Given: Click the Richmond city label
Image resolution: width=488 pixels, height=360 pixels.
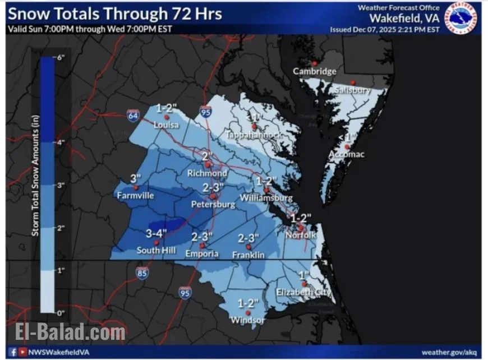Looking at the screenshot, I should click(x=208, y=173).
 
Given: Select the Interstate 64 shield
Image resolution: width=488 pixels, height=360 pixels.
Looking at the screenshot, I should click(x=133, y=115).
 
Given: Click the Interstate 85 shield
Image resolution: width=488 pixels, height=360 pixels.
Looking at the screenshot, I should click(x=142, y=273).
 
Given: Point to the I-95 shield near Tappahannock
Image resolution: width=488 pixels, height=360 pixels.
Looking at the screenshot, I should click(x=206, y=114).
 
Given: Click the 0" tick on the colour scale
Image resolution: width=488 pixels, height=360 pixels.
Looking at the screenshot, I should click(x=61, y=312).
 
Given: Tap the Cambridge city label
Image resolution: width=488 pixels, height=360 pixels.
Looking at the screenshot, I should click(x=315, y=71).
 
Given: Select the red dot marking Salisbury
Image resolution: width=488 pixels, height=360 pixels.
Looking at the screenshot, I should click(x=353, y=82).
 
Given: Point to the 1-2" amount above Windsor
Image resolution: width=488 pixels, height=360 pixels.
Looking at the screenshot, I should click(x=247, y=303).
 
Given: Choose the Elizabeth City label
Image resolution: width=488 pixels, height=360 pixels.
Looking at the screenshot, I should click(x=303, y=293).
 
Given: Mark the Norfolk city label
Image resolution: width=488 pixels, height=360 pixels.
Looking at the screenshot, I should click(x=302, y=236).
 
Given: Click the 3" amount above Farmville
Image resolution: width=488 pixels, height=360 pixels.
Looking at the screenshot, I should click(x=135, y=179).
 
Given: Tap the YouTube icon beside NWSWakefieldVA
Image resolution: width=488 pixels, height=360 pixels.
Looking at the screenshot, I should click(x=22, y=352).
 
